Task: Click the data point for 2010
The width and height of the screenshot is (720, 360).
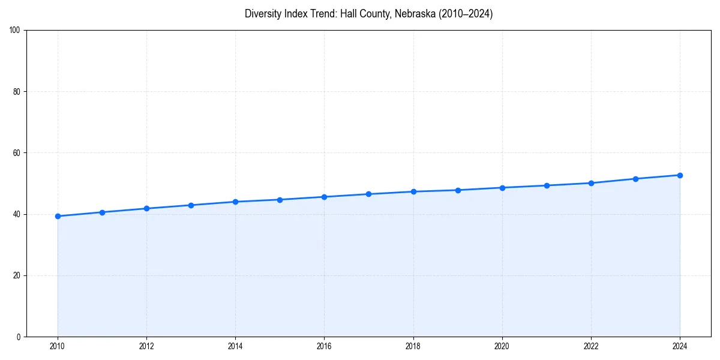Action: pyautogui.click(x=58, y=216)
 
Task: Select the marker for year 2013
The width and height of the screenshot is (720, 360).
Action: pyautogui.click(x=191, y=205)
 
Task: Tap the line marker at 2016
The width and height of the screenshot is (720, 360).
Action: pyautogui.click(x=324, y=197)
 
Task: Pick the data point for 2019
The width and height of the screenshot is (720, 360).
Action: pyautogui.click(x=458, y=190)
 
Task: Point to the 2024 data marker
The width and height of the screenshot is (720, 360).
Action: pyautogui.click(x=680, y=175)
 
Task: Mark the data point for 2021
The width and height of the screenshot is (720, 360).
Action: pyautogui.click(x=547, y=185)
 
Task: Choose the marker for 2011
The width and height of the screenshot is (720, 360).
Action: pyautogui.click(x=102, y=212)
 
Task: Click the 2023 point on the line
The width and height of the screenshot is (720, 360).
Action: pyautogui.click(x=635, y=179)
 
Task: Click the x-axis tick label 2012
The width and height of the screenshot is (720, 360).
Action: pyautogui.click(x=146, y=346)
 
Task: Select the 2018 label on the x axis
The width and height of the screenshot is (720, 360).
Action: pyautogui.click(x=413, y=346)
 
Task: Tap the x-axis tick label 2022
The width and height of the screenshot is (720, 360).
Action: pyautogui.click(x=591, y=346)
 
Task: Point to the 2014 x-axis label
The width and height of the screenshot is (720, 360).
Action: pyautogui.click(x=235, y=346)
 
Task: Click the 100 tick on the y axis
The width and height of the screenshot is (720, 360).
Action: pyautogui.click(x=15, y=30)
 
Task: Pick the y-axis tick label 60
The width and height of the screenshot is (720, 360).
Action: pyautogui.click(x=17, y=153)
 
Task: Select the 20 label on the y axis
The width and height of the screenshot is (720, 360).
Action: pyautogui.click(x=17, y=275)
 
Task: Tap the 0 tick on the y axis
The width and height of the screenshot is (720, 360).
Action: pyautogui.click(x=19, y=337)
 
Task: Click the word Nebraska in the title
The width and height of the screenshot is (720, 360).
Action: pyautogui.click(x=413, y=14)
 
